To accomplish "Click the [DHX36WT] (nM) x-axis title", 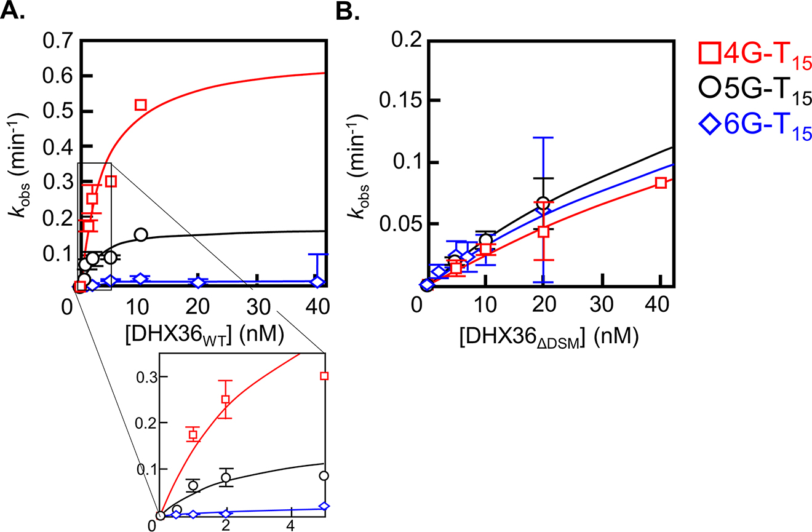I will pyautogui.click(x=197, y=335).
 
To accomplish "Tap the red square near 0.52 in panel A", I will pyautogui.click(x=140, y=105).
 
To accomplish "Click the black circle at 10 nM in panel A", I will pyautogui.click(x=141, y=234).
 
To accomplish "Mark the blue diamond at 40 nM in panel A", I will pyautogui.click(x=317, y=282).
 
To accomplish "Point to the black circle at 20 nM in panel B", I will pyautogui.click(x=543, y=203).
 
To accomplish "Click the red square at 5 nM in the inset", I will pyautogui.click(x=324, y=376).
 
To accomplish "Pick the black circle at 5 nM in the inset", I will pyautogui.click(x=324, y=475).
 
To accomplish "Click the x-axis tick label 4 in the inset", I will pyautogui.click(x=290, y=526).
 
